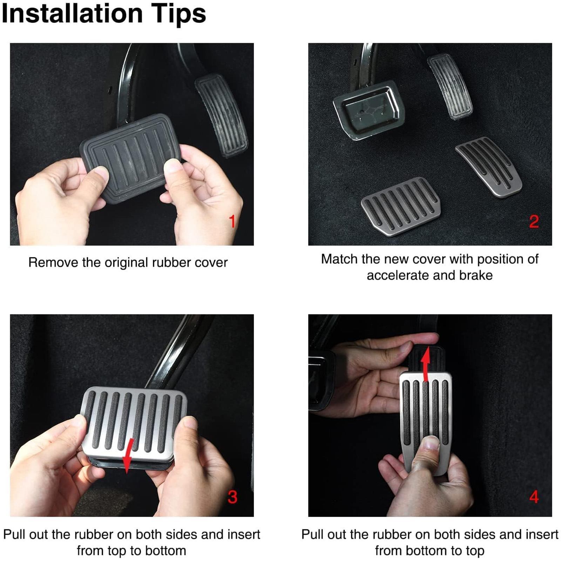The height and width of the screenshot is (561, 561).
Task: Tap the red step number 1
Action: pyautogui.click(x=232, y=221)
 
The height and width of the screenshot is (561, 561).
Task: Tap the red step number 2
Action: pyautogui.click(x=534, y=221)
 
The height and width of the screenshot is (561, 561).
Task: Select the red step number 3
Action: pyautogui.click(x=232, y=497)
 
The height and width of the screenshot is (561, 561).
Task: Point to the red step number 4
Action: pyautogui.click(x=534, y=497)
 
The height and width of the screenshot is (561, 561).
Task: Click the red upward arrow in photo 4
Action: pyautogui.click(x=426, y=364)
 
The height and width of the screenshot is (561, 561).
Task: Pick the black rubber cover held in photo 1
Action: pyautogui.click(x=130, y=158)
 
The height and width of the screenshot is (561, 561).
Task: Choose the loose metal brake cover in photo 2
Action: pyautogui.click(x=401, y=206)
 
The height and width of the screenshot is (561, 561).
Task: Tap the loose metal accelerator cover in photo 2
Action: pyautogui.click(x=489, y=167)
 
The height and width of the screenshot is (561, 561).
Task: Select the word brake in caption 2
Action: pyautogui.click(x=476, y=275)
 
